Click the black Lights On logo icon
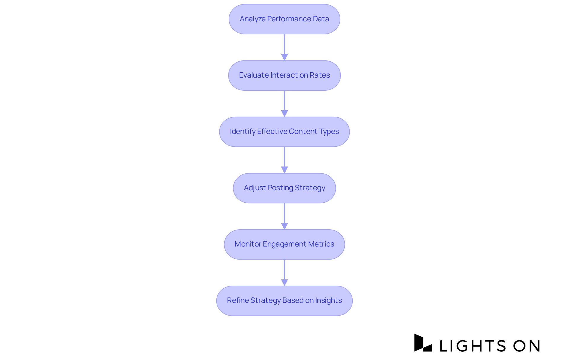point(423,343)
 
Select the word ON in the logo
point(527,346)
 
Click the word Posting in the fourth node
point(280,188)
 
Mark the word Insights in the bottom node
point(328,300)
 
